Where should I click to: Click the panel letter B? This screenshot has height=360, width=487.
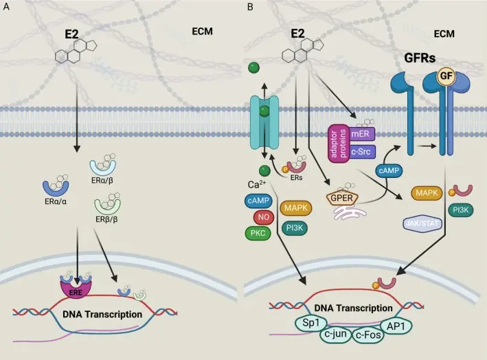[x=250, y=7]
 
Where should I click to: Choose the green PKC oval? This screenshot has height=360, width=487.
[x=258, y=234]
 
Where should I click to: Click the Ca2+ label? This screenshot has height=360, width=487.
[x=258, y=185]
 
